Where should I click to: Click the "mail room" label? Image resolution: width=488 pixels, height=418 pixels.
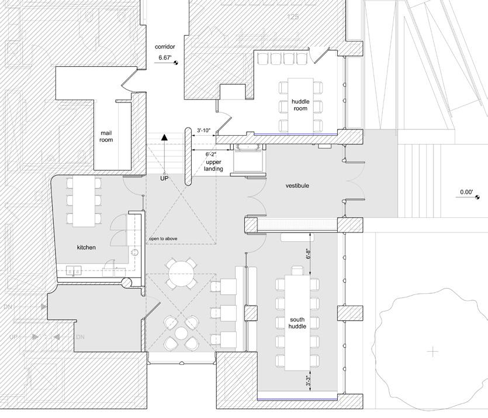(106, 136)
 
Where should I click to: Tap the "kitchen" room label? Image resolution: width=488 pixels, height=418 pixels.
(86, 248)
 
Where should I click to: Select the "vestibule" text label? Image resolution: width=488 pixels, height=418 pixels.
(297, 186)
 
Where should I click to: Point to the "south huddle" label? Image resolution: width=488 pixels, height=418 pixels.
(297, 323)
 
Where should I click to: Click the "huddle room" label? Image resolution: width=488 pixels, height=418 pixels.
(300, 105)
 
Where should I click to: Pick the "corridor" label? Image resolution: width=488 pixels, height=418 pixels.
(165, 46)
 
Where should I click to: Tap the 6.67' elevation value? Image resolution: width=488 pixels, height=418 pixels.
(165, 59)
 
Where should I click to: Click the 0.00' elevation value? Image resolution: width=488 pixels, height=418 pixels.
(466, 192)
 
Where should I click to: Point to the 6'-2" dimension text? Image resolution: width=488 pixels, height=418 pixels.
(213, 153)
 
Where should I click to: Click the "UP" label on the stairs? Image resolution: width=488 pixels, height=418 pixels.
(165, 178)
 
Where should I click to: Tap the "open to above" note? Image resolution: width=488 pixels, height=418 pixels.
(163, 239)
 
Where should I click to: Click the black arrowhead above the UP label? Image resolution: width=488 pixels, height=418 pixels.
(165, 138)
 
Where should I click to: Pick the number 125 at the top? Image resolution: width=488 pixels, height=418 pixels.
(293, 18)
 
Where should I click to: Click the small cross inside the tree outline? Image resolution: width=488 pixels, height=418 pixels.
(432, 352)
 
